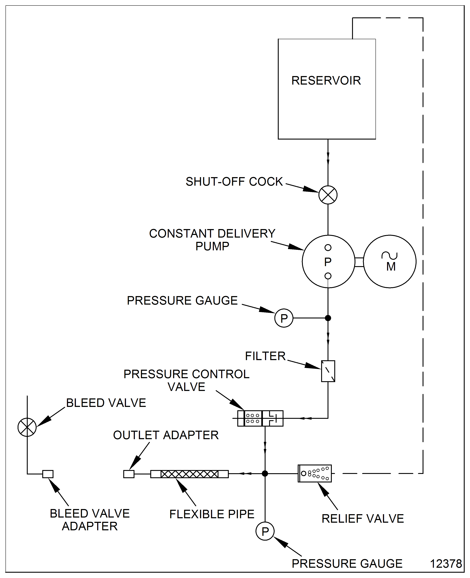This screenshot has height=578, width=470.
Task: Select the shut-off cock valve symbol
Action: pyautogui.click(x=328, y=195)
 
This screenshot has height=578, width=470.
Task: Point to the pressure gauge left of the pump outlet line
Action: pyautogui.click(x=284, y=318)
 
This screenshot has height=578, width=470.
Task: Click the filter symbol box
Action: pyautogui.click(x=328, y=371)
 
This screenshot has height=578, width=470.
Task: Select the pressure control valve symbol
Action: pyautogui.click(x=260, y=418)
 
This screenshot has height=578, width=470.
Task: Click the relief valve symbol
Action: pyautogui.click(x=315, y=473)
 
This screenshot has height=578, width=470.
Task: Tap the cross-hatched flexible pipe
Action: pyautogui.click(x=190, y=474)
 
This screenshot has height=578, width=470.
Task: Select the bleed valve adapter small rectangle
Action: pyautogui.click(x=48, y=474)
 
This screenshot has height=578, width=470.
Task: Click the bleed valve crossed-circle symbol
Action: pyautogui.click(x=27, y=427)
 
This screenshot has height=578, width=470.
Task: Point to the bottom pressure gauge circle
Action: pyautogui.click(x=265, y=531)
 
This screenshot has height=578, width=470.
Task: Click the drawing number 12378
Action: pyautogui.click(x=446, y=564)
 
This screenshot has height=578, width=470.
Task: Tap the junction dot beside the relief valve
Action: pyautogui.click(x=265, y=473)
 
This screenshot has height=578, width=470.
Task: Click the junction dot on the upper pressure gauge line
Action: pyautogui.click(x=328, y=318)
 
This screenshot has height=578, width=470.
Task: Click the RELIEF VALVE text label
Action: pyautogui.click(x=363, y=519)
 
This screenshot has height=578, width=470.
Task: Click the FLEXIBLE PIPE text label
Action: pyautogui.click(x=212, y=514)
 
